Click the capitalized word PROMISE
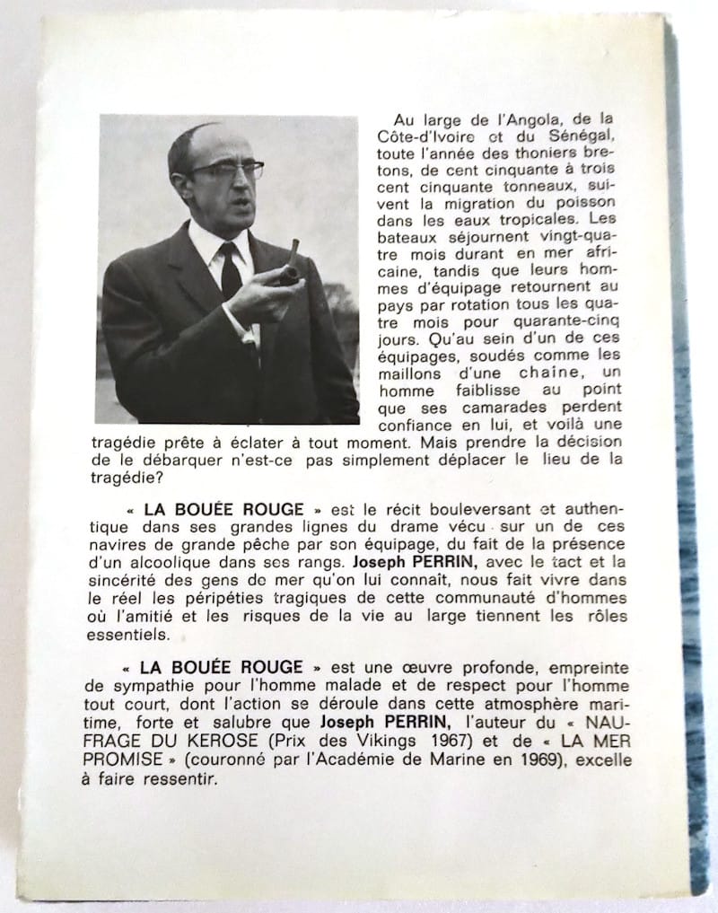[115, 762]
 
